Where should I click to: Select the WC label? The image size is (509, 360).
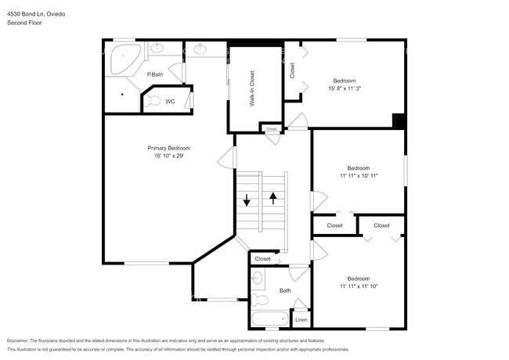point(170,101)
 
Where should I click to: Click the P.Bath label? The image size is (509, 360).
point(155,74)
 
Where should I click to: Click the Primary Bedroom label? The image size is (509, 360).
point(169,148)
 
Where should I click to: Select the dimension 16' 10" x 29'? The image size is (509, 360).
point(169,156)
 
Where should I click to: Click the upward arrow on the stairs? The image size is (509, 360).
point(273,198)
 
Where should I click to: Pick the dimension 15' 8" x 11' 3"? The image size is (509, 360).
point(345,88)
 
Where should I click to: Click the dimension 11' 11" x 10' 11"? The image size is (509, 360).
point(359,176)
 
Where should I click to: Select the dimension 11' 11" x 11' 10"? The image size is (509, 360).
point(359,286)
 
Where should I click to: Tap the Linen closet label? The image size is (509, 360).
point(301,320)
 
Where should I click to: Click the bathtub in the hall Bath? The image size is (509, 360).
point(269,319)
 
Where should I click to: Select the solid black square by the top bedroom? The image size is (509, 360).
point(399,121)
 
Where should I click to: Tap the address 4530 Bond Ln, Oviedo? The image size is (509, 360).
point(37,13)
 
